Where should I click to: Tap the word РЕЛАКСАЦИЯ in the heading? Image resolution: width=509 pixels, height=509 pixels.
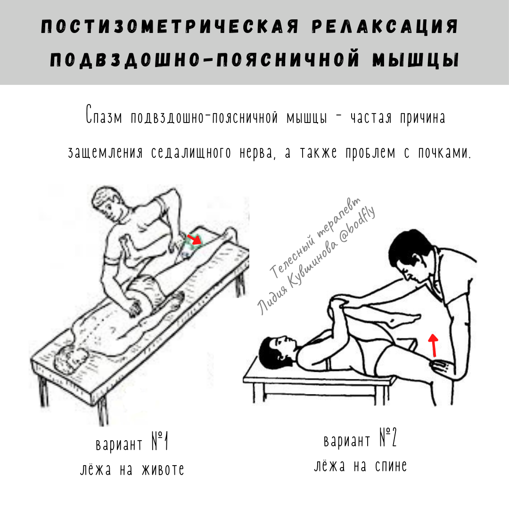[385, 26]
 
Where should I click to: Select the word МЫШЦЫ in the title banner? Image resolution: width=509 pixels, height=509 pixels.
[416, 60]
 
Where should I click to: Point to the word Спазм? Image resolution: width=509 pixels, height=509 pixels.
[104, 115]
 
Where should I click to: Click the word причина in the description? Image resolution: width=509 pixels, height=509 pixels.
[422, 117]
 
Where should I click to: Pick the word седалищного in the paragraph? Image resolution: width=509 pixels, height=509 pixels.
[191, 153]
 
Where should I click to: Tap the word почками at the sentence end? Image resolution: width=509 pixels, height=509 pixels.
[444, 153]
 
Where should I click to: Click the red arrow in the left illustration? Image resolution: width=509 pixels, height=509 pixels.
[195, 239]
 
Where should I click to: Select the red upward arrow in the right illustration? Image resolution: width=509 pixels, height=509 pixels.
[434, 345]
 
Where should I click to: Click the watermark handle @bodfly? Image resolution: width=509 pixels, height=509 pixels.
[357, 225]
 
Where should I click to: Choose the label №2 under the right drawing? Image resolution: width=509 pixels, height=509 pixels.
[388, 437]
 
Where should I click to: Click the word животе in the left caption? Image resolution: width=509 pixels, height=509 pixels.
[163, 469]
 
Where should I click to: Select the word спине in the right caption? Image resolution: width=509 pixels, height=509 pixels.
[391, 466]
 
